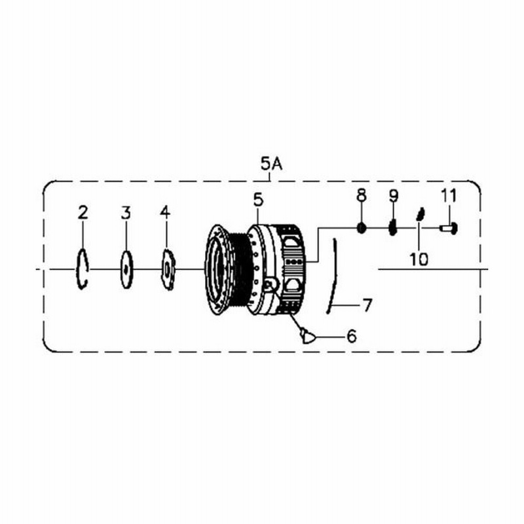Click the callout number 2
tap(83, 212)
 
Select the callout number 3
tap(126, 213)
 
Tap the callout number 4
tap(165, 212)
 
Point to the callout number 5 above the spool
tap(258, 200)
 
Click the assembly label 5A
tap(272, 164)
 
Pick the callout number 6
tap(352, 336)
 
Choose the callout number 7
tap(367, 305)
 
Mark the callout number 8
tap(362, 195)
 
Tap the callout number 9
tap(394, 195)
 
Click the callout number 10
tap(419, 259)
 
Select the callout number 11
tap(448, 195)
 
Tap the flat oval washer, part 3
tap(126, 269)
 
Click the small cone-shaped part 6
tap(307, 337)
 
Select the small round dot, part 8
tap(362, 229)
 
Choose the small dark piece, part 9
tap(393, 227)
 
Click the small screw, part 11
tap(449, 229)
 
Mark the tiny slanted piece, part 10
tap(421, 214)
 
